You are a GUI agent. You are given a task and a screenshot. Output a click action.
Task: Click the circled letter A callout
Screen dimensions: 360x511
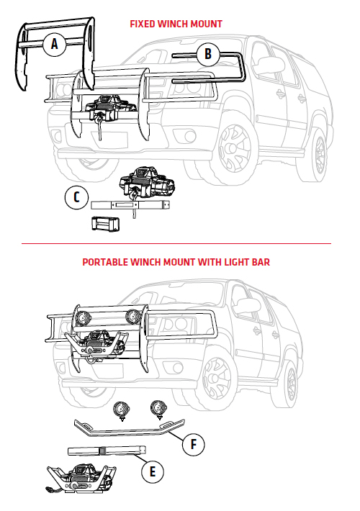coord(55,44)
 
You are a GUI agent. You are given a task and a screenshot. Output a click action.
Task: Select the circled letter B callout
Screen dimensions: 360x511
coord(208,54)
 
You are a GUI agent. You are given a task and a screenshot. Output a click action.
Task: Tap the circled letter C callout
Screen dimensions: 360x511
coord(76,197)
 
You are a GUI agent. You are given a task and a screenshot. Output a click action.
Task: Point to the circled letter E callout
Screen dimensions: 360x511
coord(153,471)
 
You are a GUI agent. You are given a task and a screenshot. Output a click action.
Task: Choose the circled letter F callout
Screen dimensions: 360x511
coord(194,444)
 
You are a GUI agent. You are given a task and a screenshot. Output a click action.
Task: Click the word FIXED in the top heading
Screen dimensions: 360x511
coord(142,24)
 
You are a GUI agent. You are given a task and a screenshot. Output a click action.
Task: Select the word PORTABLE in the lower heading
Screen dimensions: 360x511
coord(104,263)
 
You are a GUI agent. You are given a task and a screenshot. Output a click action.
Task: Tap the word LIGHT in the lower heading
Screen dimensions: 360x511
coord(236,263)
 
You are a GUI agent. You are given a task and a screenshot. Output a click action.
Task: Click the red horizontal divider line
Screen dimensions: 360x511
coord(176,243)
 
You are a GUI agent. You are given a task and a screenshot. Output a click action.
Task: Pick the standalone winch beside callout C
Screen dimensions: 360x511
coord(147,183)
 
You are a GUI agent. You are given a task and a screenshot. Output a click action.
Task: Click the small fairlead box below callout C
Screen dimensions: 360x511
coord(105,223)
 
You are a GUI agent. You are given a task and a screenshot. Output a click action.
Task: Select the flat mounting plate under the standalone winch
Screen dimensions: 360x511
coord(130,205)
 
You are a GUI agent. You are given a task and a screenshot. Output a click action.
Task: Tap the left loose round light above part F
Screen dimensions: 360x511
coord(122,410)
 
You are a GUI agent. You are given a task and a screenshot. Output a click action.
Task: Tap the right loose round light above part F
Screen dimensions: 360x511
coord(158,409)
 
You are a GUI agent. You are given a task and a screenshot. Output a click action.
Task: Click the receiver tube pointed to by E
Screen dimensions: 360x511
coord(107,451)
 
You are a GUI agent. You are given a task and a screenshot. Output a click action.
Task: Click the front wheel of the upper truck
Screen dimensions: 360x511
coord(235,148)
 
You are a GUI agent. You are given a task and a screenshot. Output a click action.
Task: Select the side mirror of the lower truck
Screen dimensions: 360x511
coord(248,305)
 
